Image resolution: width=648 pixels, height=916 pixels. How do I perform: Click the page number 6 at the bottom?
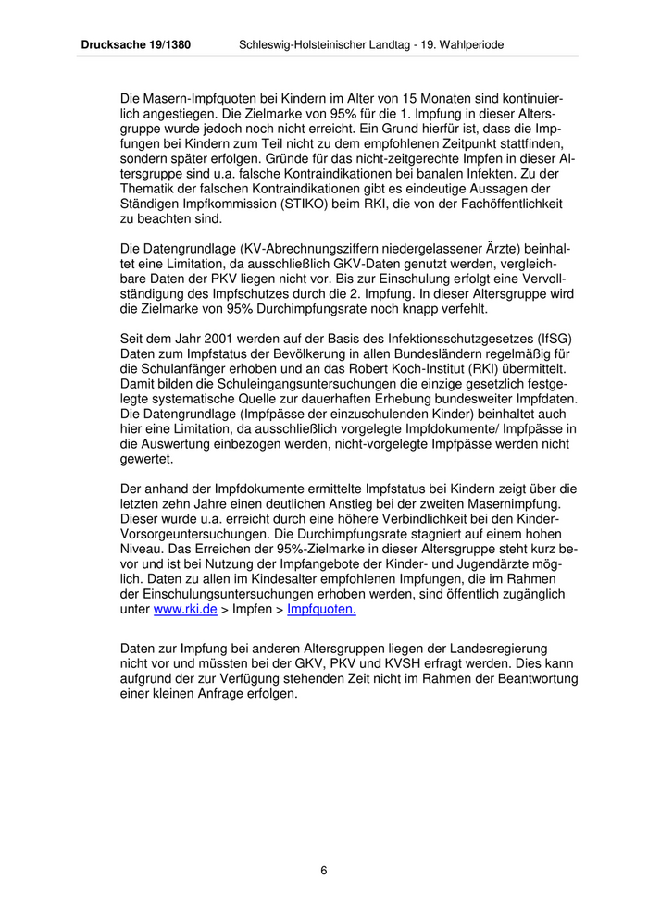pyautogui.click(x=324, y=870)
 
